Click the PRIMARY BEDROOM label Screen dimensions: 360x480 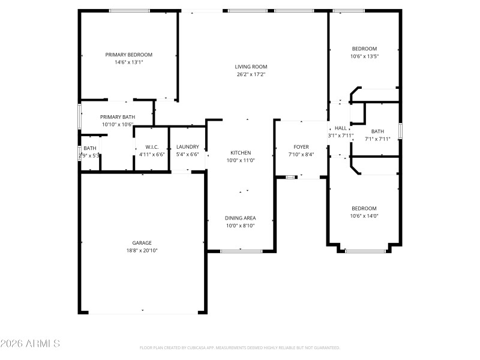pos(129,55)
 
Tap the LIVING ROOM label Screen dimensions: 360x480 pos(251,67)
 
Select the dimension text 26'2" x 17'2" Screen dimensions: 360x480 pos(251,74)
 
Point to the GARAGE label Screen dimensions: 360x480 pos(142,243)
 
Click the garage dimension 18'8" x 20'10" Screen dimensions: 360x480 pos(142,251)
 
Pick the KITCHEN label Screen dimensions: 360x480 pos(241,153)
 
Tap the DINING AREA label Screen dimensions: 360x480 pos(241,218)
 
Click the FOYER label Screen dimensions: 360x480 pos(301,147)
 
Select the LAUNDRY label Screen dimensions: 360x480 pos(188,147)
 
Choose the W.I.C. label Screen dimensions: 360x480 pos(151,147)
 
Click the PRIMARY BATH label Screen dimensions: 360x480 pos(118,117)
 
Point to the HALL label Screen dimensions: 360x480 pos(340,128)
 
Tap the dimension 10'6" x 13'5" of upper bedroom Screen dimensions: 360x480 pos(364,56)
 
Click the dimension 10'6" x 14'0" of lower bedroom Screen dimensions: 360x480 pos(364,216)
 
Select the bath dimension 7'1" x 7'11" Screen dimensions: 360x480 pos(377,139)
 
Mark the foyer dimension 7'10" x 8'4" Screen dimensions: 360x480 pos(301,155)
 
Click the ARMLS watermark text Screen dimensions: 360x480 pos(30,344)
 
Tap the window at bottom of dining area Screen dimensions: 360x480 pos(241,251)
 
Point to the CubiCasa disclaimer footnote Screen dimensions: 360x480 pos(240,347)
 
